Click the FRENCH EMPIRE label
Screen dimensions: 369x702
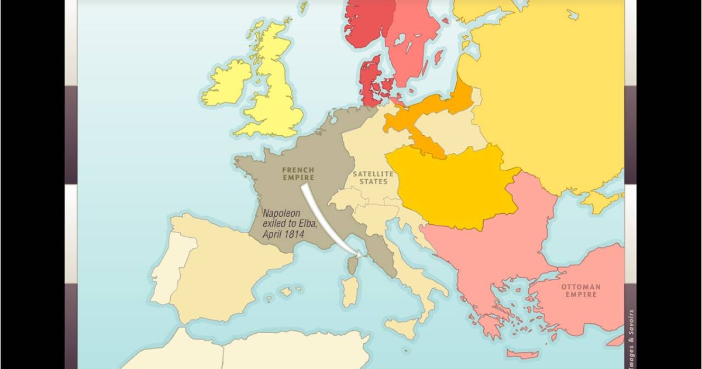298,173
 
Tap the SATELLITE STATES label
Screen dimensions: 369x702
369,178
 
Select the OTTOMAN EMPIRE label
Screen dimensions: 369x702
580,291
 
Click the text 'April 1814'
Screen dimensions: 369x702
284,234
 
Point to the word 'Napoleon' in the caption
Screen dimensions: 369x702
282,214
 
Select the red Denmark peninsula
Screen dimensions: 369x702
370,82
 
